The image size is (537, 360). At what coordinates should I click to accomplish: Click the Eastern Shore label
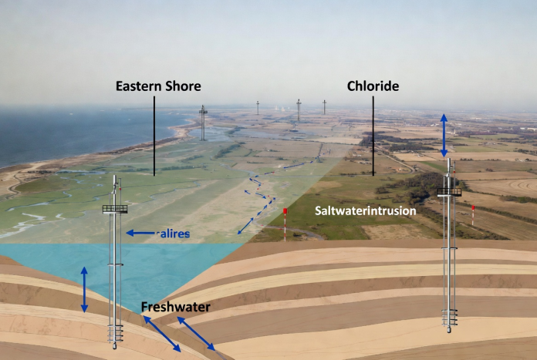[x=158, y=86]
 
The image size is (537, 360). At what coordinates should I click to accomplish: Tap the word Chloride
[x=373, y=86]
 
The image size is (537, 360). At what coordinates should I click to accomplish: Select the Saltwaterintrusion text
[x=366, y=210]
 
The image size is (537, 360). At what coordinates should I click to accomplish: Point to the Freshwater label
[x=176, y=307]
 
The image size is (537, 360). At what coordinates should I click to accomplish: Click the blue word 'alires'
[x=173, y=234]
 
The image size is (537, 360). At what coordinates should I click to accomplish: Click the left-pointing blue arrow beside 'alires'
[x=140, y=233]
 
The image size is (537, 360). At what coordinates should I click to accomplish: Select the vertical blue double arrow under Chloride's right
[x=444, y=136]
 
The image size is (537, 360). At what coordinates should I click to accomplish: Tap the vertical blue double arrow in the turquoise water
[x=84, y=290]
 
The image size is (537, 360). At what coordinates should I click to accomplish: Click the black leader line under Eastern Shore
[x=154, y=136]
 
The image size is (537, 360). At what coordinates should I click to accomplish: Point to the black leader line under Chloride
[x=373, y=136]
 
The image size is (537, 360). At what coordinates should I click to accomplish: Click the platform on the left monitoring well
[x=115, y=209]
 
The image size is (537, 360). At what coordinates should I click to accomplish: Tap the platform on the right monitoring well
[x=449, y=192]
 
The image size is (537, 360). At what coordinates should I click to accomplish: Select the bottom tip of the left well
[x=115, y=348]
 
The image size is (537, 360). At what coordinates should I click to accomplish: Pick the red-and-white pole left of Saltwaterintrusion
[x=285, y=224]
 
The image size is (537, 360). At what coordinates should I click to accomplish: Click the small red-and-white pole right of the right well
[x=473, y=215]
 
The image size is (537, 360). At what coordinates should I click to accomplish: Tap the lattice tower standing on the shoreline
[x=203, y=123]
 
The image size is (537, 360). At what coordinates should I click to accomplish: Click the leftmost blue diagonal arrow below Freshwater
[x=162, y=334]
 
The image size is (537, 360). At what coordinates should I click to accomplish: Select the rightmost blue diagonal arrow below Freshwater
[x=196, y=334]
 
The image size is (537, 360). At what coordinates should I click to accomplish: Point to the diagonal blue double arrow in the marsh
[x=245, y=226]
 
